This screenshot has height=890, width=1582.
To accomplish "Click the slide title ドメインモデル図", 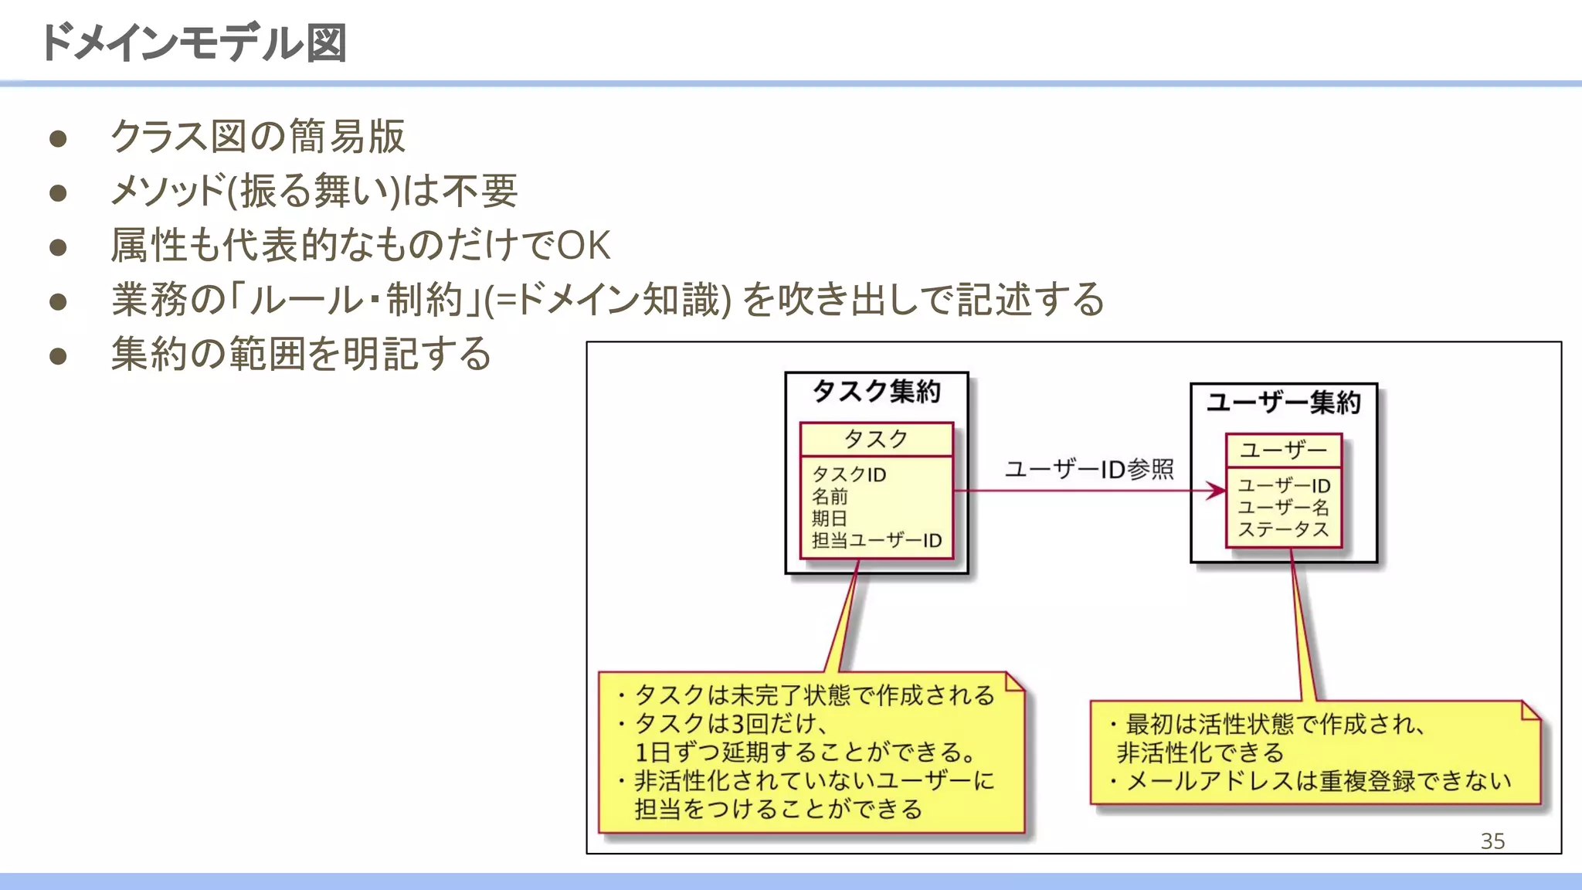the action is [x=193, y=42].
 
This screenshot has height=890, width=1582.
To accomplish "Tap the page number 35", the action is [x=1492, y=841].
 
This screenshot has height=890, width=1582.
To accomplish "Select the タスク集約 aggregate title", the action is [x=876, y=392].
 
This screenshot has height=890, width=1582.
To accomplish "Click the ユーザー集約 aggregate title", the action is [x=1283, y=403].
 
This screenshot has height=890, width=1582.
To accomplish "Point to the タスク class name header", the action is [x=876, y=439].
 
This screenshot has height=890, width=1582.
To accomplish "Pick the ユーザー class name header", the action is [x=1283, y=450].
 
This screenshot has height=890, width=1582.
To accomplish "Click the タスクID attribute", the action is [x=848, y=474].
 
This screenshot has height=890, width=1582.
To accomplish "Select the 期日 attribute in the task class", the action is [x=829, y=518].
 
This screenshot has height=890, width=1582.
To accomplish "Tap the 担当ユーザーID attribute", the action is [x=876, y=541].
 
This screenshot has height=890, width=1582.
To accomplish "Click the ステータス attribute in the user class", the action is [x=1283, y=530].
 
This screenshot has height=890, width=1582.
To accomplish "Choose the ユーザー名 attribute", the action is [x=1283, y=508].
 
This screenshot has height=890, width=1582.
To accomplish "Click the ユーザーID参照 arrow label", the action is [x=1088, y=469].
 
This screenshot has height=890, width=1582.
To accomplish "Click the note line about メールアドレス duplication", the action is [x=1318, y=781].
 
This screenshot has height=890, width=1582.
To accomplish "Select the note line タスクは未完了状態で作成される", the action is [x=814, y=695].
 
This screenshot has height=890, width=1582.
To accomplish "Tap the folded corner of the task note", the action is [x=1014, y=681].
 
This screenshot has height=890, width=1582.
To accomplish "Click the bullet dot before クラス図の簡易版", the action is [x=58, y=139].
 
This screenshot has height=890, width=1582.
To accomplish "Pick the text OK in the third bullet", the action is [x=583, y=246].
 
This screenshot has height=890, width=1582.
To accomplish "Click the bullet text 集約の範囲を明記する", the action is [x=301, y=354].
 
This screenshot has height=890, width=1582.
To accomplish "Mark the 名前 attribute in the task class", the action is [x=829, y=496].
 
